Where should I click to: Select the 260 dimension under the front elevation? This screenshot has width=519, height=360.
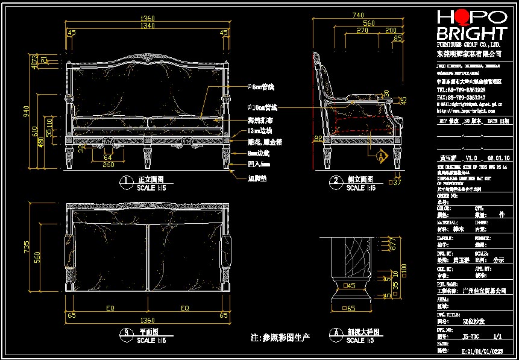tap(109, 165)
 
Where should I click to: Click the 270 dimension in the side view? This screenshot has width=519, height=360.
tap(362, 30)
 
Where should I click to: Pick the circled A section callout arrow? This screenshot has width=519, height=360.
tap(380, 156)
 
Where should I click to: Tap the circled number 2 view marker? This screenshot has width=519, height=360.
tap(335, 180)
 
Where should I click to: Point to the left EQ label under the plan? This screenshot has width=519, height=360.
tap(110, 308)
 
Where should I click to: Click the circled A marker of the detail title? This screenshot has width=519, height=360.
tap(333, 332)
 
